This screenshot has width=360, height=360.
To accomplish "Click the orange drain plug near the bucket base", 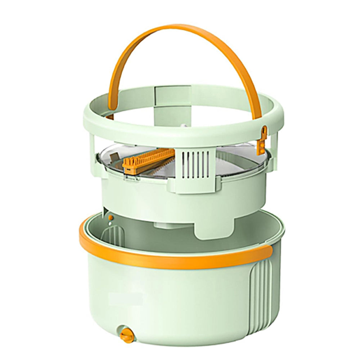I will coord(127,335).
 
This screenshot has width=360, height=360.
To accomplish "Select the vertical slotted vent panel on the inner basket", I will coord(195,165).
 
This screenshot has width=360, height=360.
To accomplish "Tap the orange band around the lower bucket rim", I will coord(173,257).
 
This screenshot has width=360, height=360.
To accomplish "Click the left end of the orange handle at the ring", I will coord(110,114).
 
